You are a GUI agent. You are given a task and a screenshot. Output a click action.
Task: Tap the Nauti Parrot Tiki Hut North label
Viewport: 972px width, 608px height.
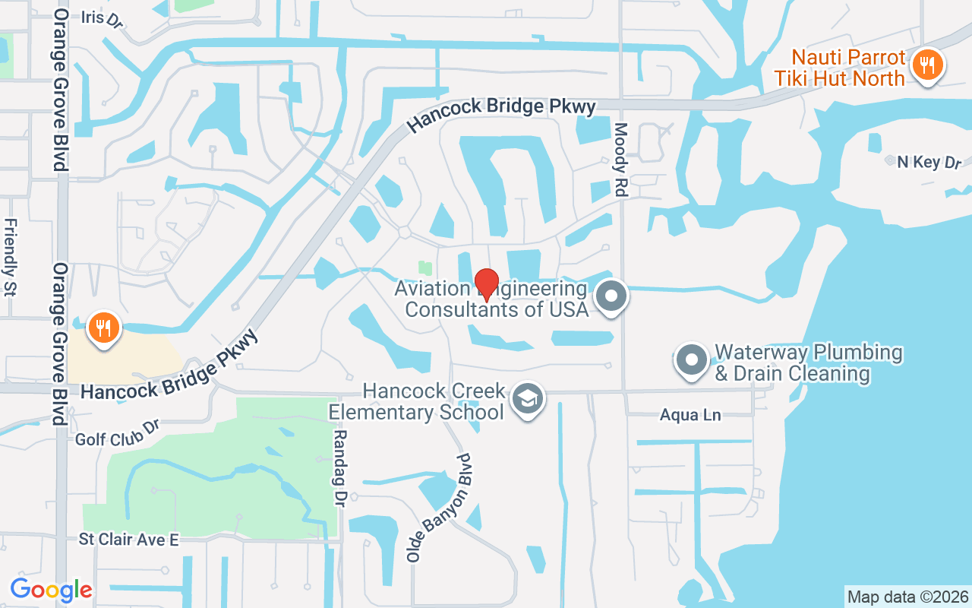coord(848,68)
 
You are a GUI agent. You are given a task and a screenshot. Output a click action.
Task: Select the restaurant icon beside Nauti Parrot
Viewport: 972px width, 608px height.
coord(926,65)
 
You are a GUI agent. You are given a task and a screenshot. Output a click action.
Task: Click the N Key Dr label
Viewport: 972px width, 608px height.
coord(929,162)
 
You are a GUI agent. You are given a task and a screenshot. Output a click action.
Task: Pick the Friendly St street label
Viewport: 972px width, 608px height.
coord(11,257)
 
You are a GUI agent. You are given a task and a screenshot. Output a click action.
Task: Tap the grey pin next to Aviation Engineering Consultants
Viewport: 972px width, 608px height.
coord(611,297)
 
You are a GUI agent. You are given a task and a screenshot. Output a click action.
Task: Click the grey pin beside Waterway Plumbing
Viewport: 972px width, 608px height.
coord(691,359)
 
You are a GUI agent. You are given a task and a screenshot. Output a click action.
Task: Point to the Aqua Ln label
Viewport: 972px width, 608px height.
coord(690,415)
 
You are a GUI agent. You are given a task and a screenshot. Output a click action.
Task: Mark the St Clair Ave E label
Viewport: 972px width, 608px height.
coord(128,540)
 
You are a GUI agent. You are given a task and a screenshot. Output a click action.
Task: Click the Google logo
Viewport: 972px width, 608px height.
coord(51,589)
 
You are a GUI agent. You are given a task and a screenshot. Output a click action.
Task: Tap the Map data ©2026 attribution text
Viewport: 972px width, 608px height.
coord(907,597)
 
